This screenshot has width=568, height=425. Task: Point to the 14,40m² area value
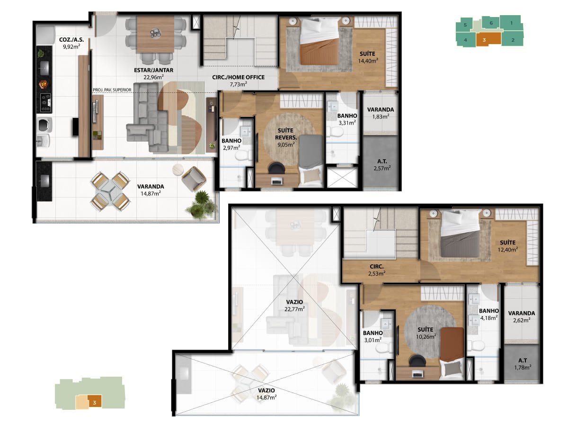368,61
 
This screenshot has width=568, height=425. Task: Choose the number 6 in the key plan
491,23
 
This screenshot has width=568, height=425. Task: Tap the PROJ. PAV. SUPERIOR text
112,90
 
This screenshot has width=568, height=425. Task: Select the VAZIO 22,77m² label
294,305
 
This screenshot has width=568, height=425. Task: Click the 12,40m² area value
508,250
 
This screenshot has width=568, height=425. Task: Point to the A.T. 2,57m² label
382,165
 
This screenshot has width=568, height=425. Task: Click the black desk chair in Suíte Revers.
276,168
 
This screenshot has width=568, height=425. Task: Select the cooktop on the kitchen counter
46,102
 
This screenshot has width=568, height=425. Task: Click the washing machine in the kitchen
45,125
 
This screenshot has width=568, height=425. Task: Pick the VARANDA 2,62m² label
522,317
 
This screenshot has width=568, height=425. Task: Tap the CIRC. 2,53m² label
377,270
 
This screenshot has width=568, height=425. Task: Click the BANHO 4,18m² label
489,314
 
